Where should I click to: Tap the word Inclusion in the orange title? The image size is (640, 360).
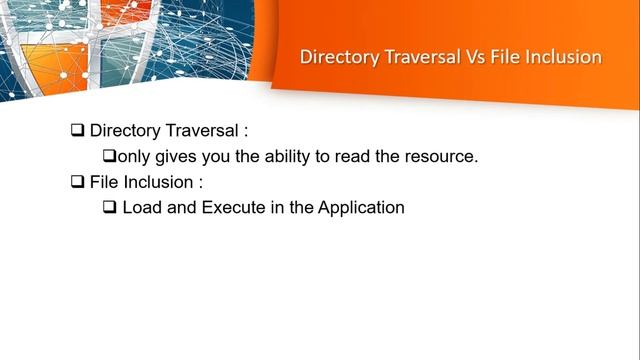coord(565,57)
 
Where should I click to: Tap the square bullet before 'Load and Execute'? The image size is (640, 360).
coord(110,208)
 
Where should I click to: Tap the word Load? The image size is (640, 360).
coord(141,208)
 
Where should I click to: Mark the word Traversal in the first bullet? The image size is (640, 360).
coord(197,130)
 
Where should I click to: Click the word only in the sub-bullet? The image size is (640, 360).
coord(133,157)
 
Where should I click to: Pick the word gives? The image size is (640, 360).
coord(174,157)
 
